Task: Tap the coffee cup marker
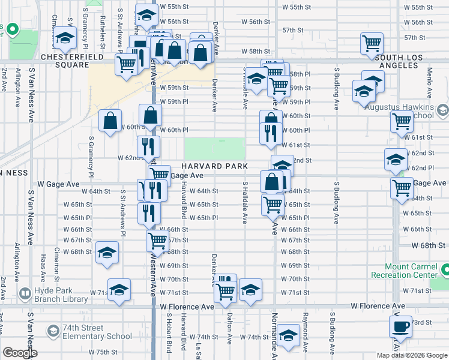click(400, 327)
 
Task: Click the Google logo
click(20, 353)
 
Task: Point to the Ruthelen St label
click(103, 25)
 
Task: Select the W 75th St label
click(103, 352)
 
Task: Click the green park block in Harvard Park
click(214, 149)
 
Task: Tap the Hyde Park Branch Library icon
click(25, 294)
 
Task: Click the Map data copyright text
click(411, 355)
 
